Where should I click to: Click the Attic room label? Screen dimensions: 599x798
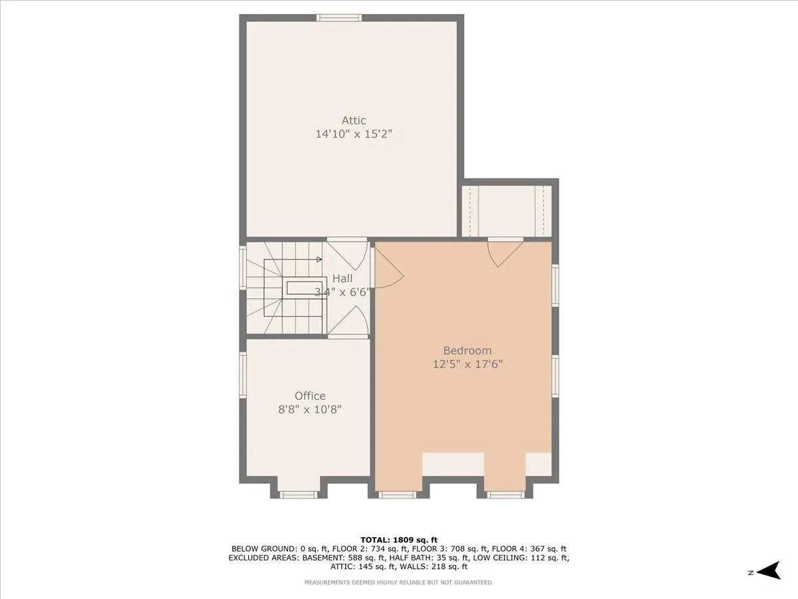click(x=354, y=120)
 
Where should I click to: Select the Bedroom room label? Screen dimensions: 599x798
click(x=467, y=351)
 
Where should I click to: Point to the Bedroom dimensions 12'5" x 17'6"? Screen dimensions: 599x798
click(x=467, y=364)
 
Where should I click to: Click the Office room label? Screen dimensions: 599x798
click(x=310, y=396)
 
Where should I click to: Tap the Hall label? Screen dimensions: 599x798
click(x=342, y=279)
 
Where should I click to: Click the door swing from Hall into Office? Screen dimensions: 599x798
click(x=348, y=323)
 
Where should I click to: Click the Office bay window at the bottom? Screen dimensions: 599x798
click(x=297, y=494)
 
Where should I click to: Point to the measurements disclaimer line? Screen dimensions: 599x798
click(x=398, y=582)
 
